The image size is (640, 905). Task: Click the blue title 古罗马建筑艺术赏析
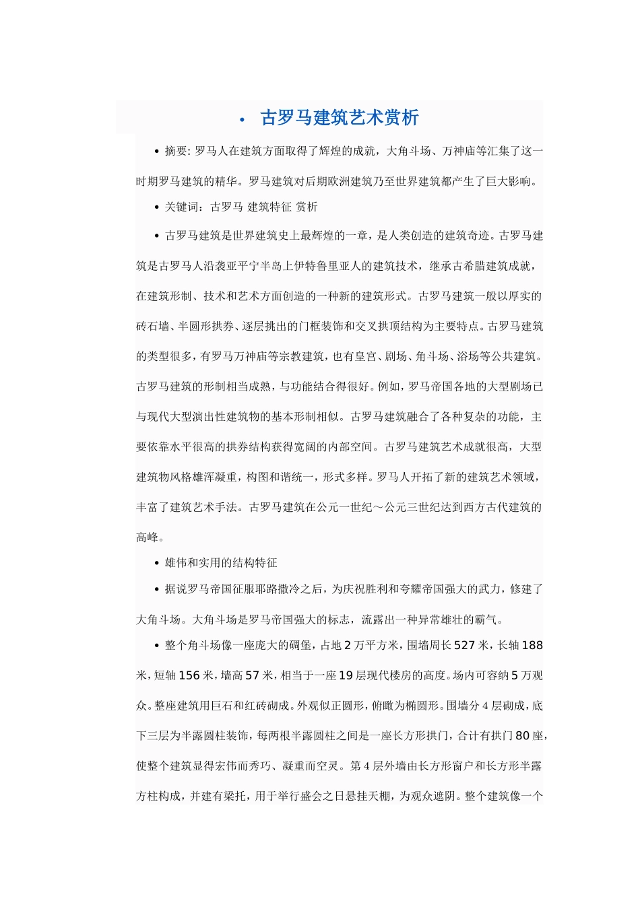pyautogui.click(x=340, y=118)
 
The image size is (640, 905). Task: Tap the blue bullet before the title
pyautogui.click(x=241, y=120)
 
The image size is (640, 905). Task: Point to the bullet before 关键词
pyautogui.click(x=156, y=207)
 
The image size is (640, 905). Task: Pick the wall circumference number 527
pyautogui.click(x=464, y=645)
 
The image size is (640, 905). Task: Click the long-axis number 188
pyautogui.click(x=532, y=645)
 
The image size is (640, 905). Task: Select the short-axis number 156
pyautogui.click(x=189, y=675)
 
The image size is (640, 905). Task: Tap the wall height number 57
pyautogui.click(x=251, y=675)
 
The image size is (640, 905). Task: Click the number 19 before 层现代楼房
pyautogui.click(x=345, y=675)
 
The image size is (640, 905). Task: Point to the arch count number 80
pyautogui.click(x=522, y=736)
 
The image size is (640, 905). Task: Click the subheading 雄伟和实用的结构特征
pyautogui.click(x=221, y=563)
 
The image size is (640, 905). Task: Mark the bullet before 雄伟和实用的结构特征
pyautogui.click(x=156, y=563)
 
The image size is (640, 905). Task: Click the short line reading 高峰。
pyautogui.click(x=150, y=537)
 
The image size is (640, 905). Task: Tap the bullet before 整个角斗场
pyautogui.click(x=156, y=645)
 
